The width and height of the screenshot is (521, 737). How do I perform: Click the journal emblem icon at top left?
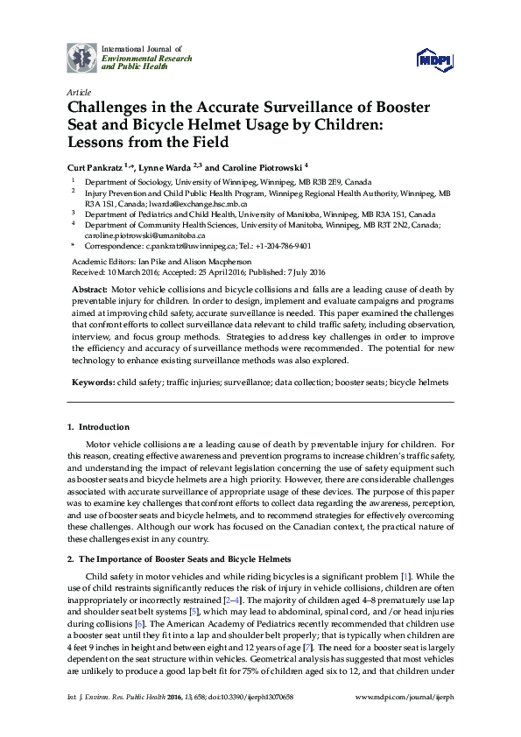pyautogui.click(x=82, y=58)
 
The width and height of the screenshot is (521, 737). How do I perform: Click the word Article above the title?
pyautogui.click(x=77, y=92)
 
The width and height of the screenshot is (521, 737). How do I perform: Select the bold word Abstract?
pyautogui.click(x=90, y=289)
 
